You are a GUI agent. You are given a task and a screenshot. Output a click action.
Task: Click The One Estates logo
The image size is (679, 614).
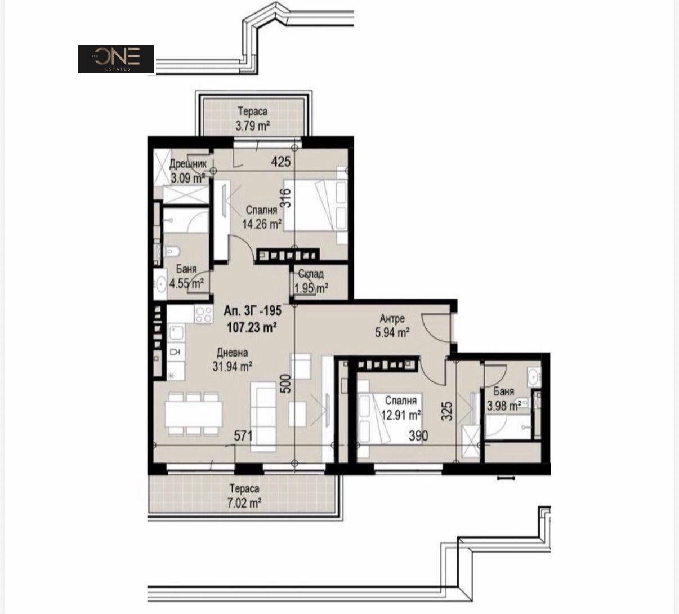coord(115,59)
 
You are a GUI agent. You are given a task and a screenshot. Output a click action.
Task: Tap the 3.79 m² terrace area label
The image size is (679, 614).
coord(252,126)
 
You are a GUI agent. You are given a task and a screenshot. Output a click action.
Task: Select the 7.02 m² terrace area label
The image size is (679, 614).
coord(244,503)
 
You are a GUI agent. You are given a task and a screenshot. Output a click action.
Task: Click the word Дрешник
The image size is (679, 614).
coord(188,164)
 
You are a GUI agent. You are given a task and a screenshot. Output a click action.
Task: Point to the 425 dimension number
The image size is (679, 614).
coord(281,162)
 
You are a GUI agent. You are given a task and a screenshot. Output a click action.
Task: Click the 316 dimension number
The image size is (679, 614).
coord(287,198)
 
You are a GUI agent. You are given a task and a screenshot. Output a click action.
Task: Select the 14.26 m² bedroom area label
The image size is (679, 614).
coord(262,224)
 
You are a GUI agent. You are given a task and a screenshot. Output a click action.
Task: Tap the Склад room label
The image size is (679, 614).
coord(311,274)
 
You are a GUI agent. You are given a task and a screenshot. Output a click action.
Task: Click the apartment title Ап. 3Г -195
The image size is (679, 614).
coord(252,310)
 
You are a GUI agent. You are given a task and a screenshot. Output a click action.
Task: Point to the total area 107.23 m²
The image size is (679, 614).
coord(252,327)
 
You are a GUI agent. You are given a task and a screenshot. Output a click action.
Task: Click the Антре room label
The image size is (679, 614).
coord(392,318)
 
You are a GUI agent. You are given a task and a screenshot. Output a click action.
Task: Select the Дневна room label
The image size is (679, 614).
coord(232,353)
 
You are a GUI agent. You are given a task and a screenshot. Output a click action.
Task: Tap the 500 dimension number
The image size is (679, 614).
coord(287,384)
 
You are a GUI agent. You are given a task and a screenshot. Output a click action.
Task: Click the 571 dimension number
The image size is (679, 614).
coord(243,435)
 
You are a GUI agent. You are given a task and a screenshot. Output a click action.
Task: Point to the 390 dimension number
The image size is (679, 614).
coord(418,435)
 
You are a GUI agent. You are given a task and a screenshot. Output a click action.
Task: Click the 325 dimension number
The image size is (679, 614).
coord(448,411)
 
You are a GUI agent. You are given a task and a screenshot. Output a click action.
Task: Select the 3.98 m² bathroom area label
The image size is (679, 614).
coord(504,406)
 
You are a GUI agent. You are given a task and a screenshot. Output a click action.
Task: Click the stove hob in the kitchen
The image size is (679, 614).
coord(203,314)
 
